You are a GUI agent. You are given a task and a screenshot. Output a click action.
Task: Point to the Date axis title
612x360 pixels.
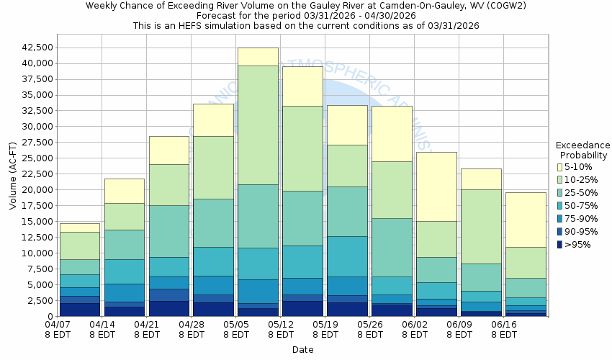coord(302,349)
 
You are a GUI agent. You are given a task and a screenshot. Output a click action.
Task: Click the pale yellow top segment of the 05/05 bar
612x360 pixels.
coord(258,56)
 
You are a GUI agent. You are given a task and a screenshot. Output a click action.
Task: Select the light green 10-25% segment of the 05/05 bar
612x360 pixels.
coord(258,125)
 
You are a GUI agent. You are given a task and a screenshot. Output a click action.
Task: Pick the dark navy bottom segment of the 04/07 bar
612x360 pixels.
coord(79,310)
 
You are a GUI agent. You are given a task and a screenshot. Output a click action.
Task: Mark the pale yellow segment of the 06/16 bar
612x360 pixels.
coord(526,220)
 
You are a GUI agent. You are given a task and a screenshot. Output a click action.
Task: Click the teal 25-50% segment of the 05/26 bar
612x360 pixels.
coord(392,247)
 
